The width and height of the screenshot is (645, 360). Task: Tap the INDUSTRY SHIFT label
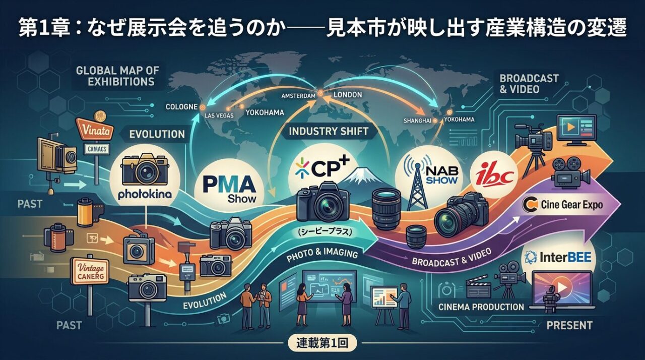329,132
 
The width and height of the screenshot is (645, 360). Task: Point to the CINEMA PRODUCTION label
481,307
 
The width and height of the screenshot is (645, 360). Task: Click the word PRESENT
569,325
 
